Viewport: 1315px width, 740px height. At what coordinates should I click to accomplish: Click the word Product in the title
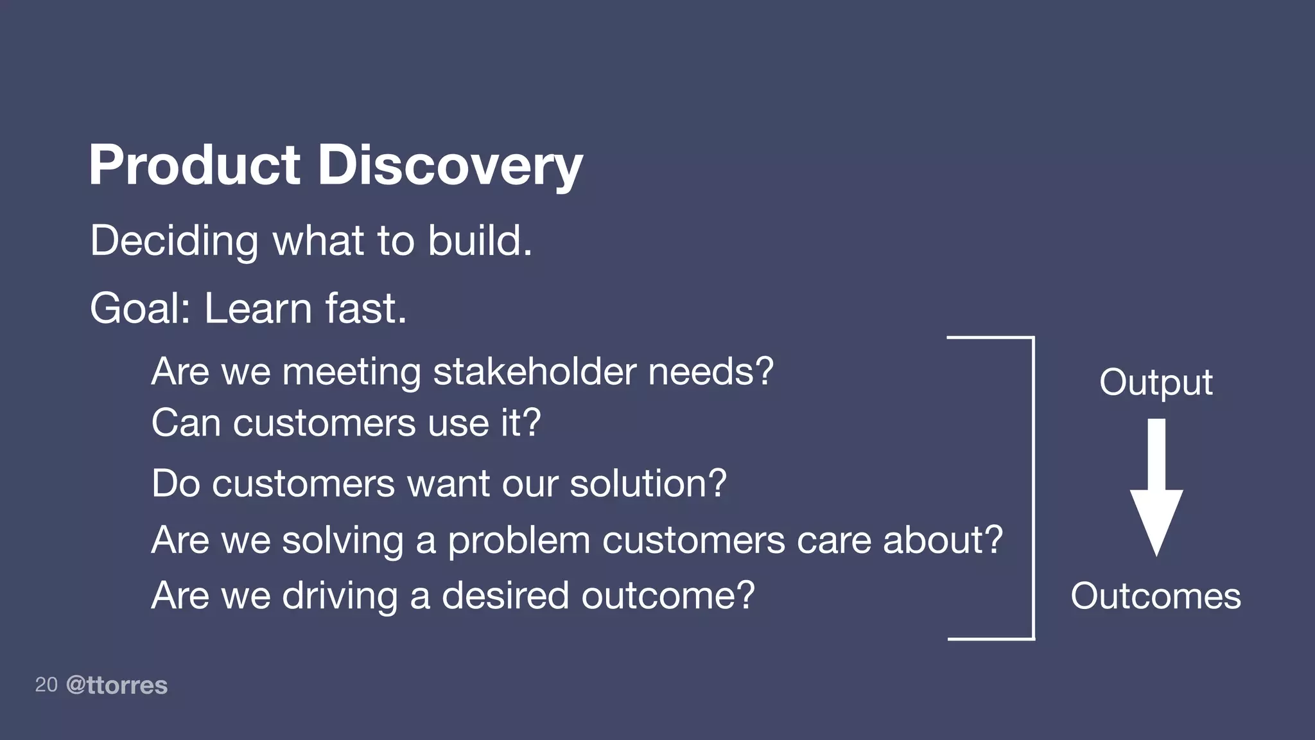point(195,166)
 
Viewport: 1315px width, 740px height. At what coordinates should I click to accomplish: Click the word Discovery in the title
point(449,166)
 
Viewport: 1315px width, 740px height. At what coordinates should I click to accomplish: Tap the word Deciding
point(174,242)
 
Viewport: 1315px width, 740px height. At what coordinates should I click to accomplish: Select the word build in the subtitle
point(478,242)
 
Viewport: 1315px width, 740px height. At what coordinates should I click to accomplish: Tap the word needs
point(710,372)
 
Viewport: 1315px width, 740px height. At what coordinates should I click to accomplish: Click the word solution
point(647,484)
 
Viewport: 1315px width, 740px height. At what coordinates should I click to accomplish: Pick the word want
point(448,484)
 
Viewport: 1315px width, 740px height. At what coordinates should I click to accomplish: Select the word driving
point(340,596)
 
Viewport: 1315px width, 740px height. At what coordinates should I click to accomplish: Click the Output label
point(1156,383)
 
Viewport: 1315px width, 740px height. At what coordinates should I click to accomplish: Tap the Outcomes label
point(1156,596)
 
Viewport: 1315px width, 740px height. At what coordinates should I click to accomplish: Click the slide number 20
point(46,685)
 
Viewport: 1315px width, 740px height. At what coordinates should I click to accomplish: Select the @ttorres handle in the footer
point(117,685)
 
